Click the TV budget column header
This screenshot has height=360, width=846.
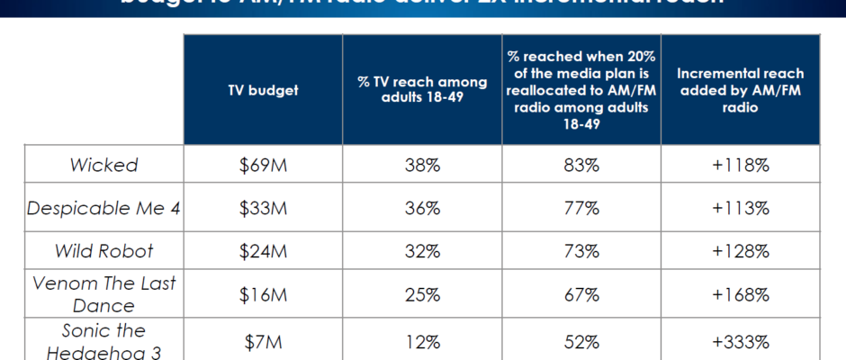click(263, 90)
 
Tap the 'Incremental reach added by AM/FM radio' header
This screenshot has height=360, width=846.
click(740, 90)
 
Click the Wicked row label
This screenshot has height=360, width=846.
click(104, 166)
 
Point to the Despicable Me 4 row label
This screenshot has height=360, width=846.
click(104, 208)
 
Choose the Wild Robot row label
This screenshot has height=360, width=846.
click(104, 251)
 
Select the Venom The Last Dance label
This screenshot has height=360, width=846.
click(104, 294)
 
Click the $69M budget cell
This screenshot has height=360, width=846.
click(263, 166)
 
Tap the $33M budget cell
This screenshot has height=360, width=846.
click(263, 208)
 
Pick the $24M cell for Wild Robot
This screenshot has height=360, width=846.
click(263, 251)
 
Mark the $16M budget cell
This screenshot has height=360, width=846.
click(263, 294)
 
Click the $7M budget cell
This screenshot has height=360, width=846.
click(263, 342)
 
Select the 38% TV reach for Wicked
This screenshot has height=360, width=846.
click(422, 166)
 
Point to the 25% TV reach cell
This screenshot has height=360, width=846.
click(422, 294)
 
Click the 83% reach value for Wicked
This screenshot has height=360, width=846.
click(580, 166)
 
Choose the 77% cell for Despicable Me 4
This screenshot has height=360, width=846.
click(580, 208)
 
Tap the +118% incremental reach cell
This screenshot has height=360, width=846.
click(740, 166)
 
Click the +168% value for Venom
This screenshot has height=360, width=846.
click(740, 294)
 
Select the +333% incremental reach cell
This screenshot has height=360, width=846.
click(740, 342)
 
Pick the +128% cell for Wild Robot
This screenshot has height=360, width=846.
click(740, 251)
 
